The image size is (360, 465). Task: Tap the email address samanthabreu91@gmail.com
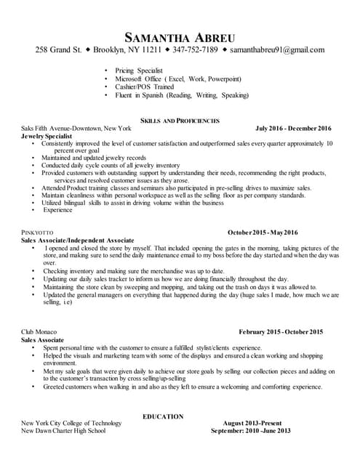(x=277, y=50)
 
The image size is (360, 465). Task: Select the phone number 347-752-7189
(x=195, y=50)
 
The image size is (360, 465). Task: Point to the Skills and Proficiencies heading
(x=179, y=120)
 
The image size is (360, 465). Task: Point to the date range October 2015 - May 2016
(x=263, y=232)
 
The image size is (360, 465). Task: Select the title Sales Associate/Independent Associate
(x=78, y=240)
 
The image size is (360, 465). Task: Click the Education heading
(x=163, y=416)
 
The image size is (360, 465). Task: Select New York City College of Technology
(x=71, y=423)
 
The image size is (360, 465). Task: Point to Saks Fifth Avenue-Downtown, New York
(x=77, y=128)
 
